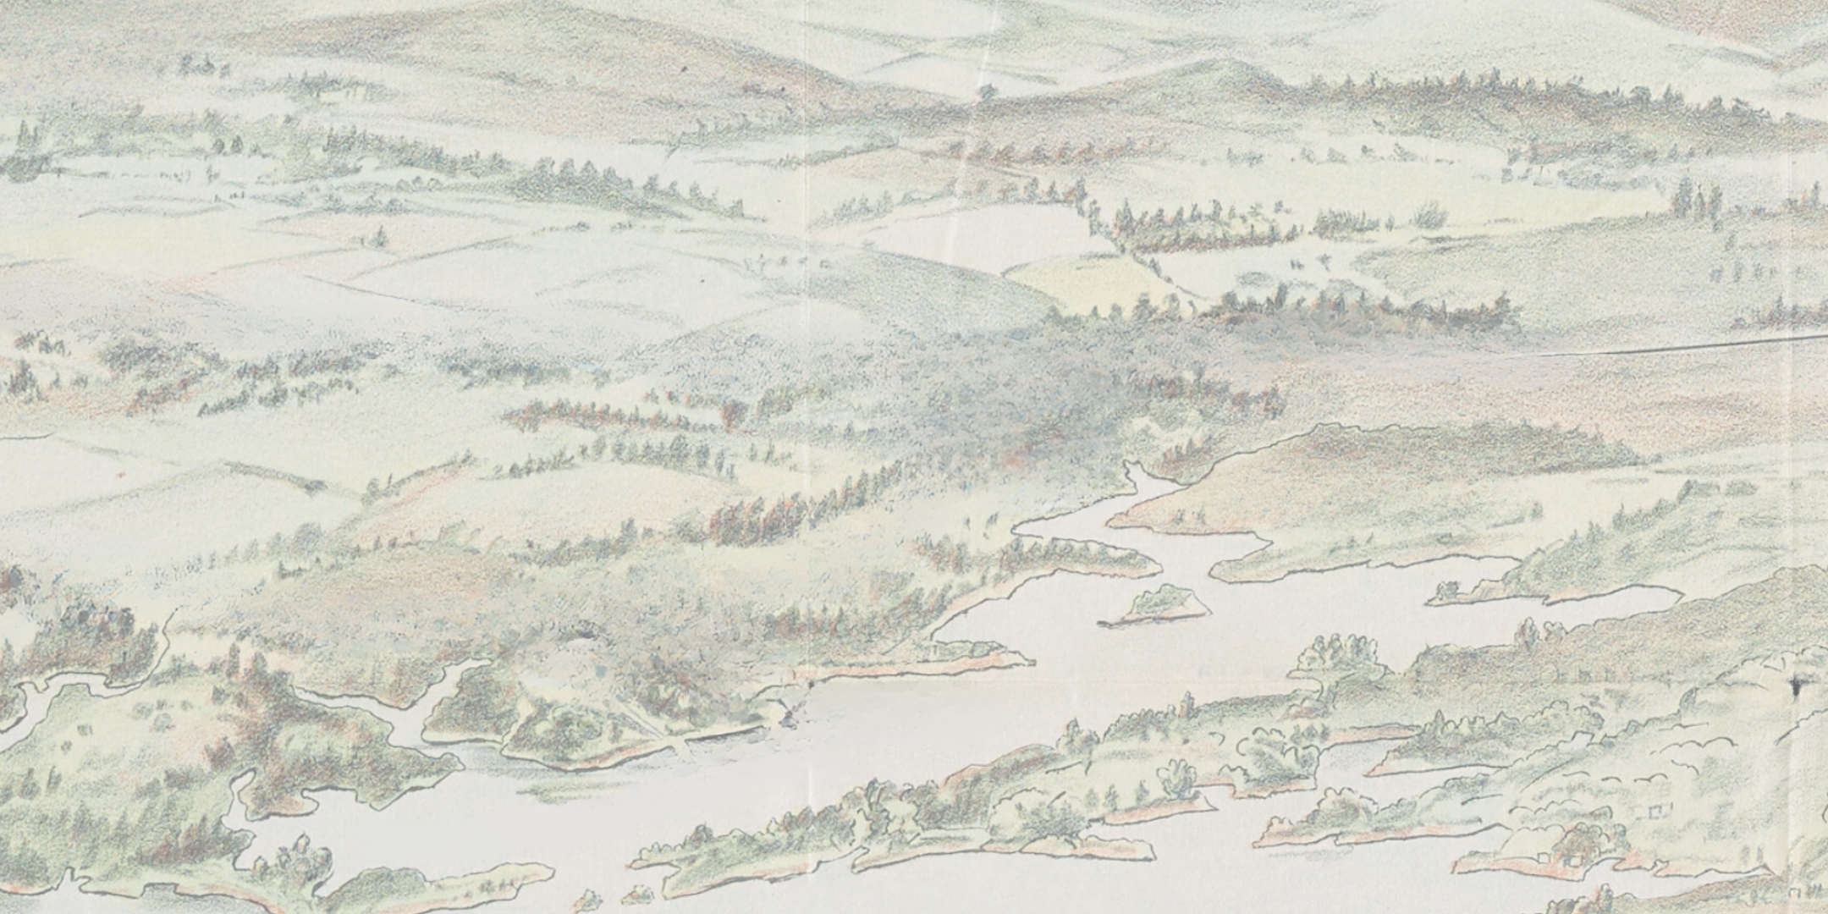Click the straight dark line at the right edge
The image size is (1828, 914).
(1684, 345)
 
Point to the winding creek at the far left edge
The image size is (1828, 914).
(25, 702)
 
